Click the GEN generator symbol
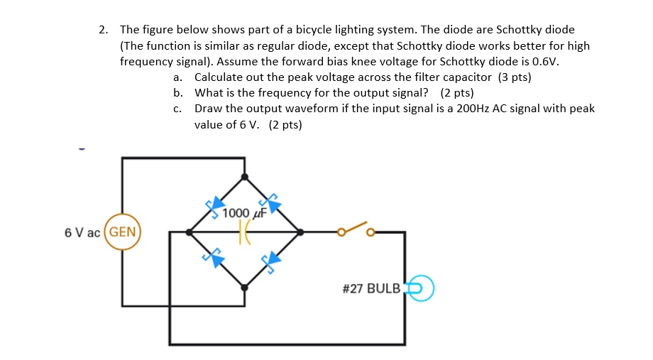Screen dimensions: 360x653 124,232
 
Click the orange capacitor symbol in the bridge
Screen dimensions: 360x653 244,232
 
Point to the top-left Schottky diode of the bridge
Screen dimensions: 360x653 214,207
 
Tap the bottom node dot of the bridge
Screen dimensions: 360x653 245,288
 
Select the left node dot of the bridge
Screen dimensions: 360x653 189,231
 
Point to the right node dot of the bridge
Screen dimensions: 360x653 300,231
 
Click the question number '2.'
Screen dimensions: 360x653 104,30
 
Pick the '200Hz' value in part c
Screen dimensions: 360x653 475,109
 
